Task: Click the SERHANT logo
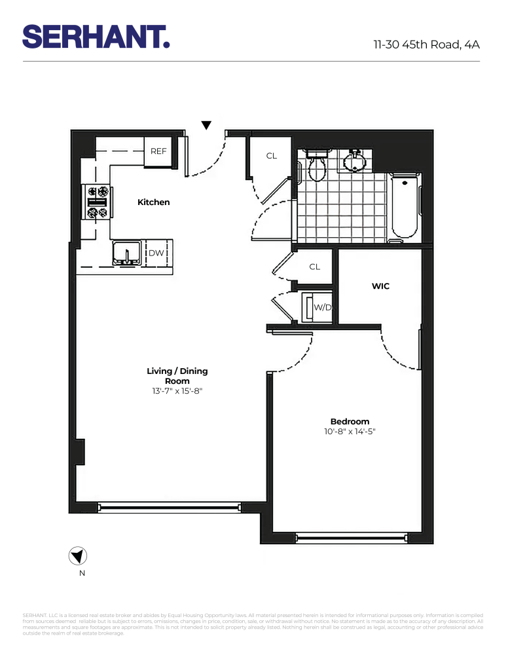(96, 37)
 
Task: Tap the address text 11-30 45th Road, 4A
(426, 45)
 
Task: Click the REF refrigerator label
(158, 151)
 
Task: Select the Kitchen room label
(153, 202)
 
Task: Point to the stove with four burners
(98, 202)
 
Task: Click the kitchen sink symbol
(124, 253)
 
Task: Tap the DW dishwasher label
(156, 253)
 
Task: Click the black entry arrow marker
(206, 125)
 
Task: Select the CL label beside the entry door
(272, 156)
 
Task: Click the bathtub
(403, 208)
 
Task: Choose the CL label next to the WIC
(314, 267)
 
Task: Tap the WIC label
(380, 286)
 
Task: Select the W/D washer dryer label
(321, 307)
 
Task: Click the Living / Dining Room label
(177, 376)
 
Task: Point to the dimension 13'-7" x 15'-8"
(177, 391)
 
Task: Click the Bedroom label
(350, 421)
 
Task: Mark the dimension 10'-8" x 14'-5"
(350, 432)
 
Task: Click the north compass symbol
(78, 557)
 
